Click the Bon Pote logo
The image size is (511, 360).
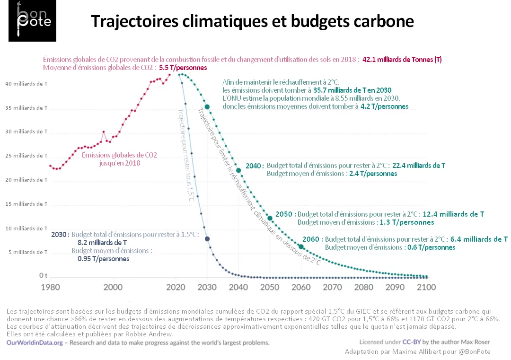tap(32, 21)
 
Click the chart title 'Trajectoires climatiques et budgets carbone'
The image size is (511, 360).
tap(252, 21)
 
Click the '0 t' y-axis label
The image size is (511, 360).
tap(44, 275)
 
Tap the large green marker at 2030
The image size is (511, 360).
tap(207, 107)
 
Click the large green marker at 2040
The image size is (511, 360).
tap(238, 170)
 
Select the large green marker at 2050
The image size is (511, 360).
tap(270, 218)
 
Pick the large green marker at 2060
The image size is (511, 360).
tap(301, 246)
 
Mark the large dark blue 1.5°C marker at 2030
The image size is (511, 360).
tap(207, 239)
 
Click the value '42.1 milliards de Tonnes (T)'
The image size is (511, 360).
tap(402, 60)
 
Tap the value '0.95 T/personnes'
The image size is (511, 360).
tap(103, 259)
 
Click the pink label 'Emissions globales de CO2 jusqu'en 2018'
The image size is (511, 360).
tap(120, 158)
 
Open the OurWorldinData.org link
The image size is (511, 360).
tap(34, 342)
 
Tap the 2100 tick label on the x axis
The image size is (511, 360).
tap(426, 287)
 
